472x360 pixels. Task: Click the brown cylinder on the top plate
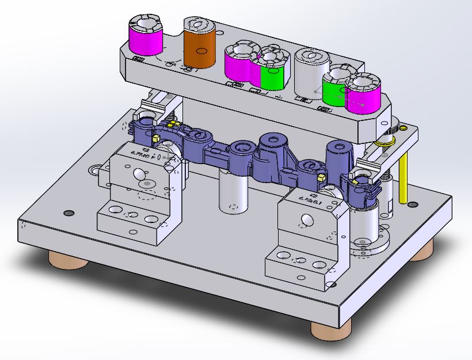199,46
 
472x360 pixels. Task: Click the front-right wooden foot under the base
330,329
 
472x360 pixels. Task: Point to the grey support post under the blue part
234,193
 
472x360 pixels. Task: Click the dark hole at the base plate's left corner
68,213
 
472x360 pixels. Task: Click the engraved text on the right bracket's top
311,199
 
